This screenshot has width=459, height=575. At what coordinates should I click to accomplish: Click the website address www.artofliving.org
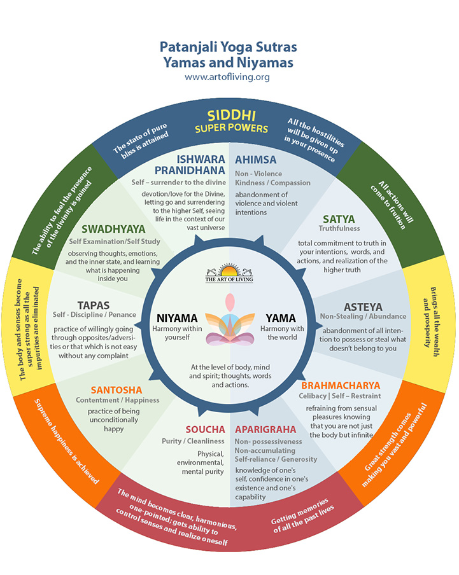[227, 77]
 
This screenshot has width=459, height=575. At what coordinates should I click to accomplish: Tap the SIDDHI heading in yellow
[229, 118]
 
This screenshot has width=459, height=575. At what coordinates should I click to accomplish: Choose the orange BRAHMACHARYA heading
[341, 385]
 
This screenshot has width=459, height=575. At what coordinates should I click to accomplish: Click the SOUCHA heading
[205, 429]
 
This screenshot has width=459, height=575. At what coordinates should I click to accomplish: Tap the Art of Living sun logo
[228, 272]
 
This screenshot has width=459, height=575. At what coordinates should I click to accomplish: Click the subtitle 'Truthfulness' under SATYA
[339, 228]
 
